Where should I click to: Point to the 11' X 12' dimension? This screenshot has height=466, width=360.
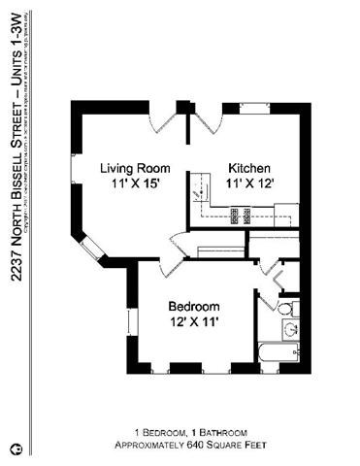point(249,183)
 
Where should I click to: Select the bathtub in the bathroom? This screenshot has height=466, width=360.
point(279,351)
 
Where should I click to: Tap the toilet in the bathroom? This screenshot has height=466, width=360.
point(285,309)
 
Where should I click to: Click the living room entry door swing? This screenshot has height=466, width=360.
point(164,123)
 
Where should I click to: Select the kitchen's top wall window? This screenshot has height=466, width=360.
point(255,106)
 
